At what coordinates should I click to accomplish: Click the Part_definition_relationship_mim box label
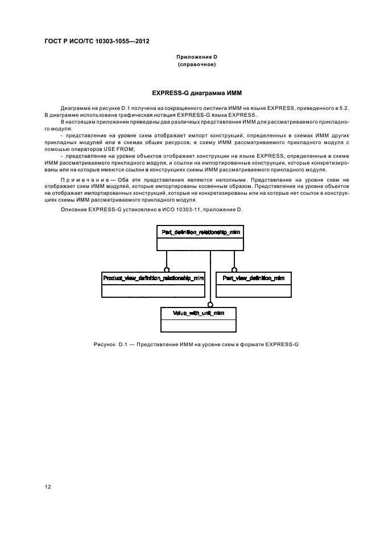click(201, 232)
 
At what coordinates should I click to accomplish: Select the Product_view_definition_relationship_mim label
click(153, 278)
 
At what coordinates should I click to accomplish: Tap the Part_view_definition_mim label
click(253, 278)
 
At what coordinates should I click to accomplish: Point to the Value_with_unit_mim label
click(199, 313)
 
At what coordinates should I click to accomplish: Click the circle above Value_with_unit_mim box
click(210, 304)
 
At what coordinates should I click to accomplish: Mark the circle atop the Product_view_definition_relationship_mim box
click(167, 269)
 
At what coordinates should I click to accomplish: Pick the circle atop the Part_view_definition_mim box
click(234, 269)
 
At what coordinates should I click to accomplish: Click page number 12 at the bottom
click(48, 486)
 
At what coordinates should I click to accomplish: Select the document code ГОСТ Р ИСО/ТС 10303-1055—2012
click(97, 42)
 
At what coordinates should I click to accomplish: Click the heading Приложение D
click(197, 57)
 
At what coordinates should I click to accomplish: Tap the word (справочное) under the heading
click(197, 64)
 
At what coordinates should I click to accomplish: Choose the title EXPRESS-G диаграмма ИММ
click(197, 93)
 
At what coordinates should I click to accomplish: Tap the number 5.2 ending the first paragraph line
click(344, 108)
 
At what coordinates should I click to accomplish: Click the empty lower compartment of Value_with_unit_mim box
click(199, 326)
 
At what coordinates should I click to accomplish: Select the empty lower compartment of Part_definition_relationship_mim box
click(200, 244)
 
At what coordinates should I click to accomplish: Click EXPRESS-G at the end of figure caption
click(282, 345)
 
